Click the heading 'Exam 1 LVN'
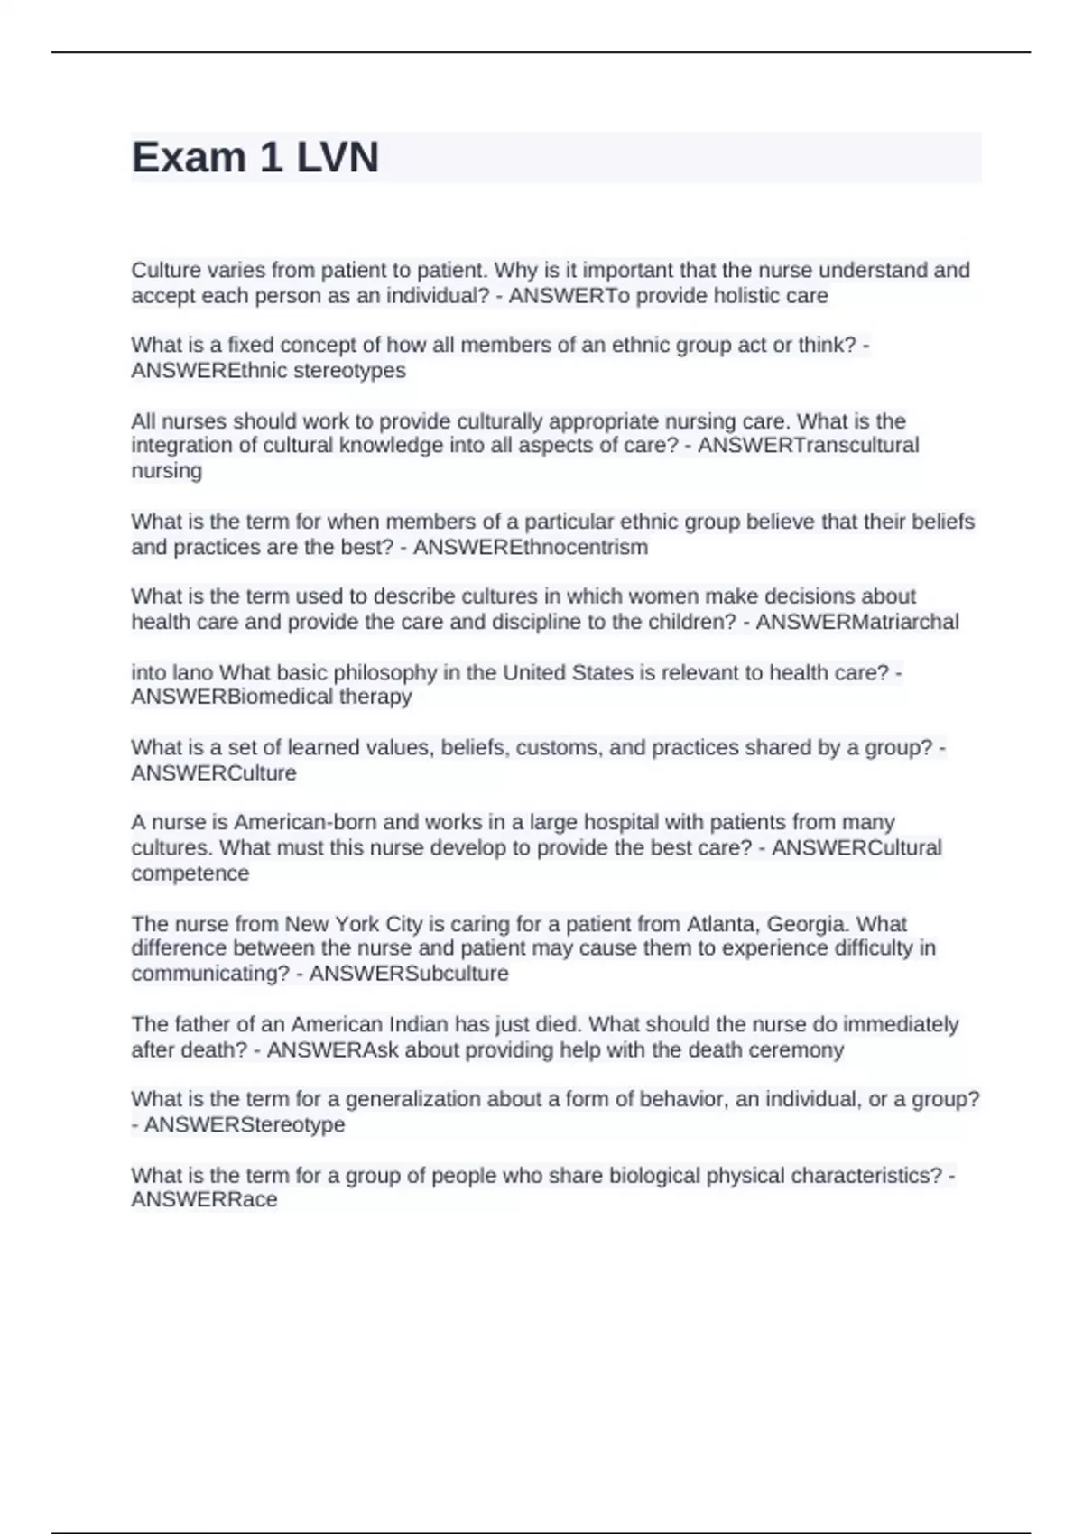tap(255, 157)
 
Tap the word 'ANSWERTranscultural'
tap(808, 445)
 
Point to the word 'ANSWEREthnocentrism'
tap(530, 547)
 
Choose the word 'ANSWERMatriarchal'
tap(856, 622)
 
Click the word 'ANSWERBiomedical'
tap(232, 697)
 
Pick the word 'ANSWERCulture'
tap(214, 772)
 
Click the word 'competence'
tap(190, 873)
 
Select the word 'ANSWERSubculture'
tap(409, 974)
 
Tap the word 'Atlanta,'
tap(723, 924)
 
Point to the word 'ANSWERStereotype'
tap(245, 1124)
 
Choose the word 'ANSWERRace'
tap(204, 1199)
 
